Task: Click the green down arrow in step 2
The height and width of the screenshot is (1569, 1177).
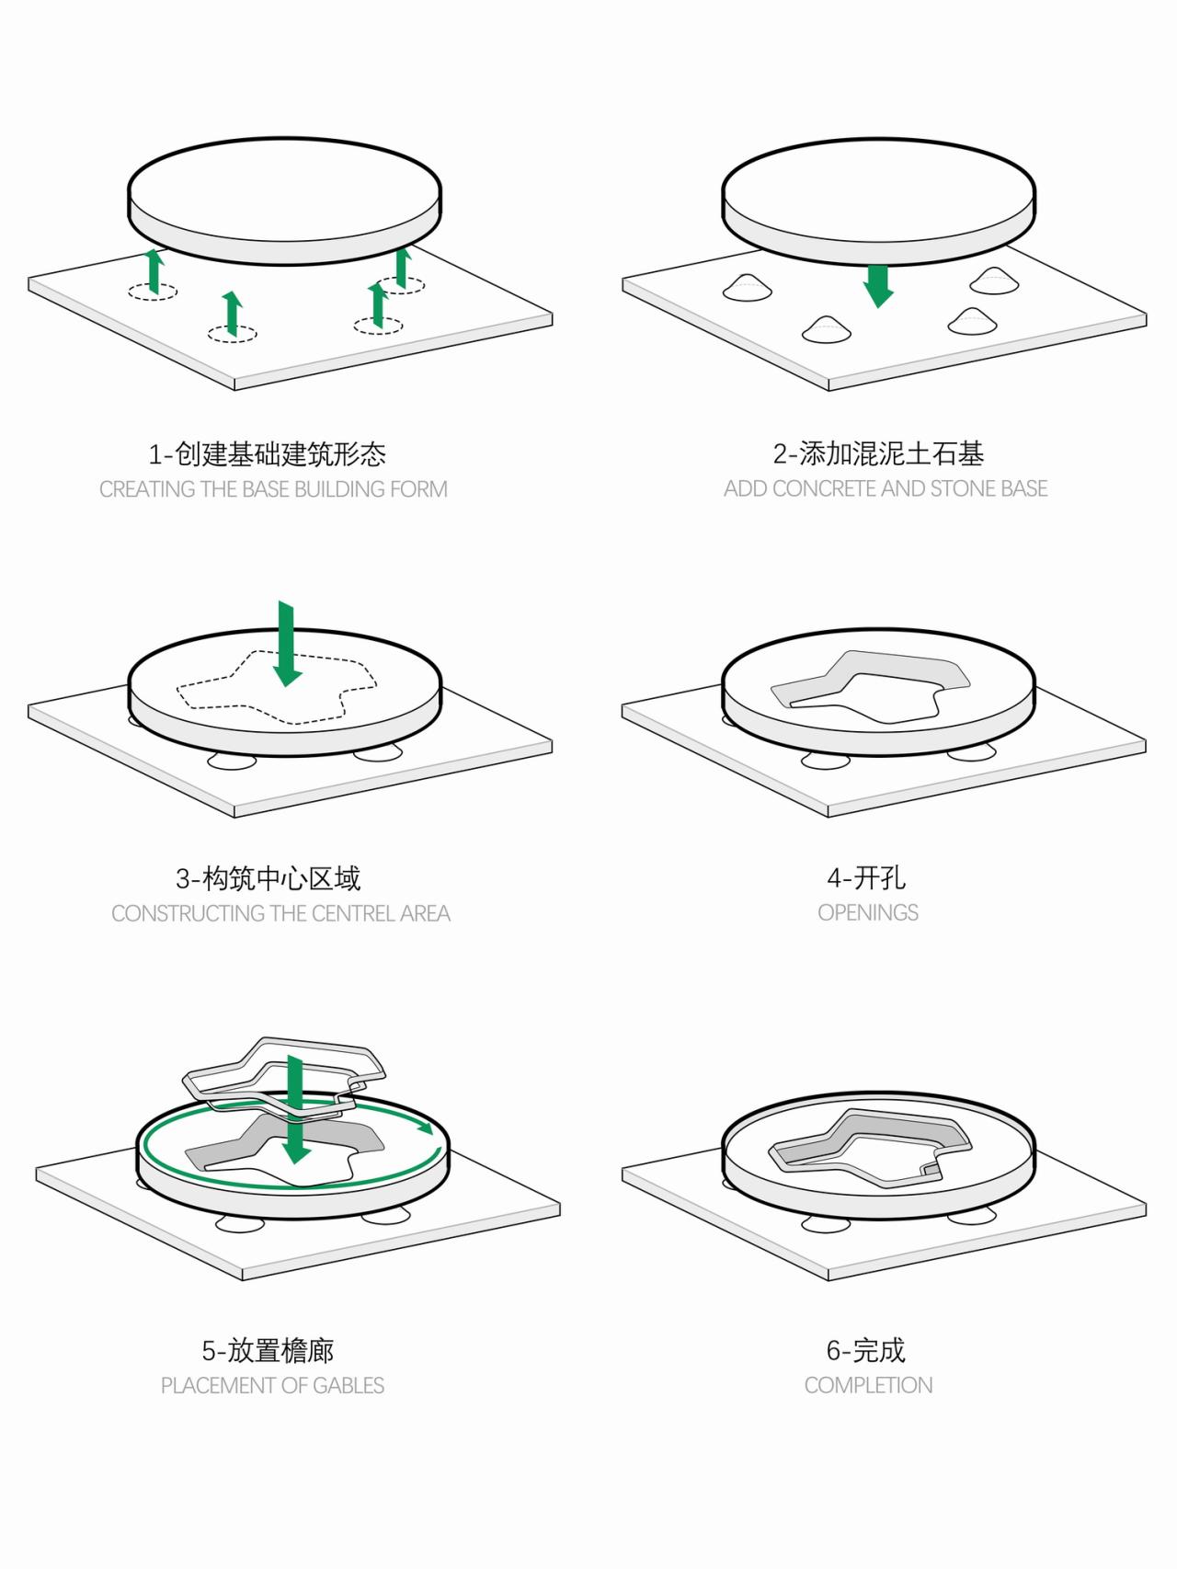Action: pos(878,286)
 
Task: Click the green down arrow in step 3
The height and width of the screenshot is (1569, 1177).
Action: pos(287,645)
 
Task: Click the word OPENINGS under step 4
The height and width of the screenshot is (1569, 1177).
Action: pos(868,912)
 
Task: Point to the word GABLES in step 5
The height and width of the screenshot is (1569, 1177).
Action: pos(349,1385)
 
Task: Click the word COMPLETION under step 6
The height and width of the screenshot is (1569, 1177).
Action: pos(868,1385)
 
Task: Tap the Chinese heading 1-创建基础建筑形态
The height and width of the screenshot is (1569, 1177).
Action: pos(268,453)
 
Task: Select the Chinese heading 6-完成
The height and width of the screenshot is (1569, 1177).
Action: pos(865,1350)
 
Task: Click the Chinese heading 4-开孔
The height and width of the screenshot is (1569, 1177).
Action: pos(865,877)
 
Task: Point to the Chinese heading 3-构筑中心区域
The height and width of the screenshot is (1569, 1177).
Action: pos(268,878)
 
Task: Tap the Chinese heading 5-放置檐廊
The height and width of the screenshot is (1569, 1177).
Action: pos(268,1350)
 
